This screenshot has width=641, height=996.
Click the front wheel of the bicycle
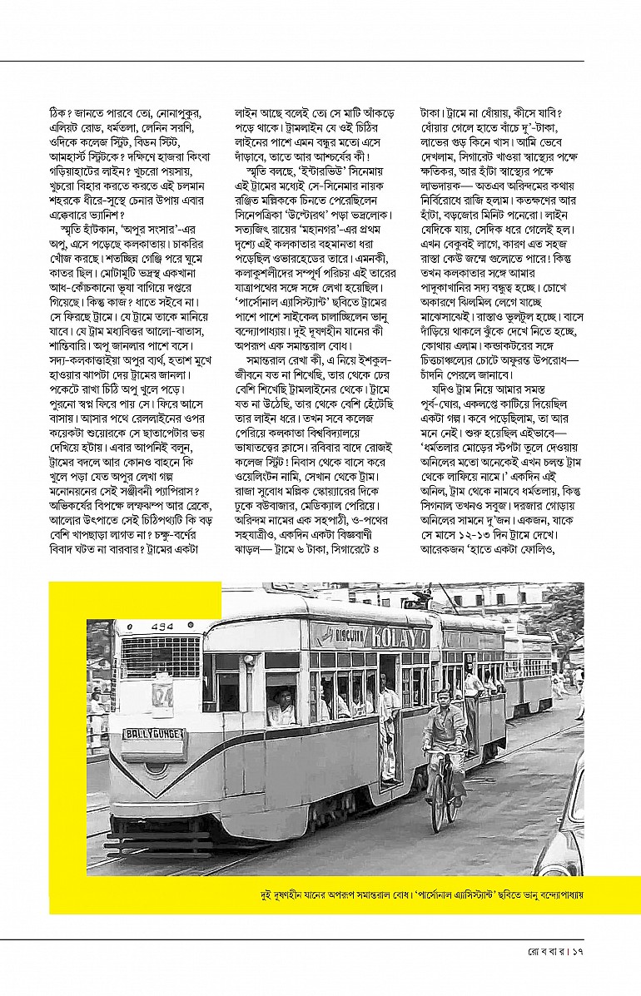click(x=437, y=803)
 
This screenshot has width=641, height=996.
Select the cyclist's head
click(x=439, y=693)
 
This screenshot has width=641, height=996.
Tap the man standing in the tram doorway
click(x=389, y=724)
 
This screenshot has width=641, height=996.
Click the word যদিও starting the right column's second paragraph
click(x=444, y=389)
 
